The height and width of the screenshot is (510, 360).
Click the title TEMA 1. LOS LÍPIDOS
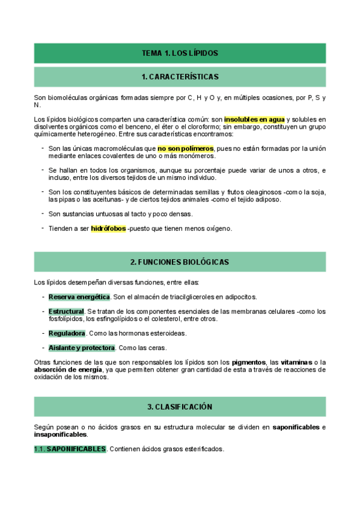tap(180, 53)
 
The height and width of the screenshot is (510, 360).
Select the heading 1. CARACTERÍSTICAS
tap(180, 77)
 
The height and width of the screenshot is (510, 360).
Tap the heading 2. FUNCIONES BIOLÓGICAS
tap(180, 262)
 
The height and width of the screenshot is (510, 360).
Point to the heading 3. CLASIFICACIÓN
tap(180, 407)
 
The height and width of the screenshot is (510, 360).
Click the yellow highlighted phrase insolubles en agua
tap(255, 119)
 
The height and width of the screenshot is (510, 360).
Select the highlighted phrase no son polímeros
tap(186, 148)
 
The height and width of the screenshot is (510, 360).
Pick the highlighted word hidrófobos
tap(108, 229)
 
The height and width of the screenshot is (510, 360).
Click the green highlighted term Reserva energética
tap(79, 297)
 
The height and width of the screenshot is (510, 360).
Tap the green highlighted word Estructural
tap(66, 312)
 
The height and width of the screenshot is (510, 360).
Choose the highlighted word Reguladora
tap(67, 333)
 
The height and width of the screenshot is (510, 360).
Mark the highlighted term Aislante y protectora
tap(82, 348)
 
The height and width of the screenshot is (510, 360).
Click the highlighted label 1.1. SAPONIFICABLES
tap(70, 449)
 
